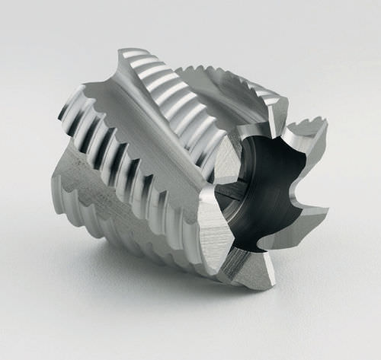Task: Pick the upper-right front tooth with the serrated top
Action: (309, 141)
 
